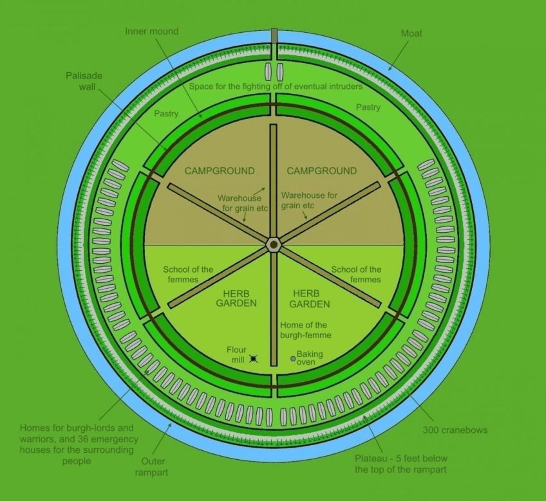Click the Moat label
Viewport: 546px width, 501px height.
pyautogui.click(x=411, y=33)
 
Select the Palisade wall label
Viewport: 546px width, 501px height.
pyautogui.click(x=84, y=81)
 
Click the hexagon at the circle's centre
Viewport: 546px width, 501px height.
pyautogui.click(x=273, y=244)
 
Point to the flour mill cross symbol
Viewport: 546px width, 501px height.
pyautogui.click(x=255, y=358)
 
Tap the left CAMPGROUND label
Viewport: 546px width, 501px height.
pyautogui.click(x=220, y=171)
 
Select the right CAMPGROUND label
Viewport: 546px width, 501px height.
pyautogui.click(x=321, y=171)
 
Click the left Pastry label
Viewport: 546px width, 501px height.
pyautogui.click(x=167, y=113)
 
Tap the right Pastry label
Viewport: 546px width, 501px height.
pyautogui.click(x=368, y=107)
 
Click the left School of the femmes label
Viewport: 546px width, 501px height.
pyautogui.click(x=188, y=274)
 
